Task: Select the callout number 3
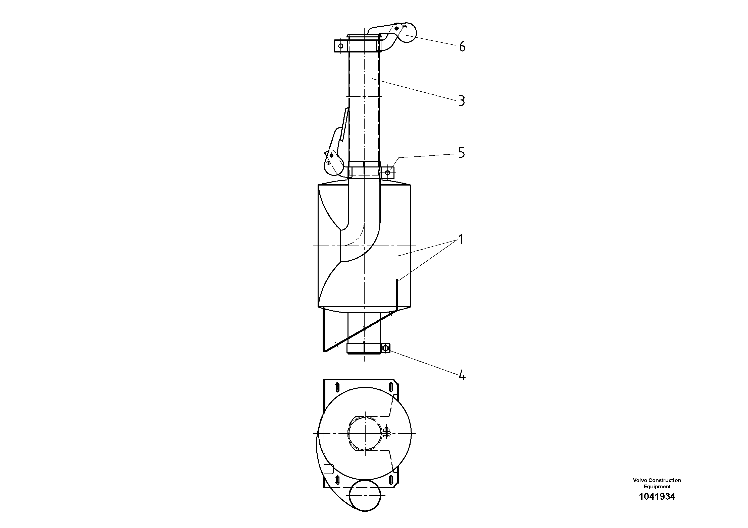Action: pyautogui.click(x=462, y=101)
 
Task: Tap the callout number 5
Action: pyautogui.click(x=461, y=153)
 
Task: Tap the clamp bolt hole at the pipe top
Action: pyautogui.click(x=340, y=46)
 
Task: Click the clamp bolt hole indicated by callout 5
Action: pyautogui.click(x=388, y=172)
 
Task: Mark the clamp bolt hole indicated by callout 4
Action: pyautogui.click(x=386, y=348)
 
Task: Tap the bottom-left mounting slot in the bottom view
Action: pyautogui.click(x=337, y=480)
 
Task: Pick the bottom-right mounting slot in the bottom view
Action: pyautogui.click(x=391, y=480)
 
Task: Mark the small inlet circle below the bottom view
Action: pyautogui.click(x=365, y=495)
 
